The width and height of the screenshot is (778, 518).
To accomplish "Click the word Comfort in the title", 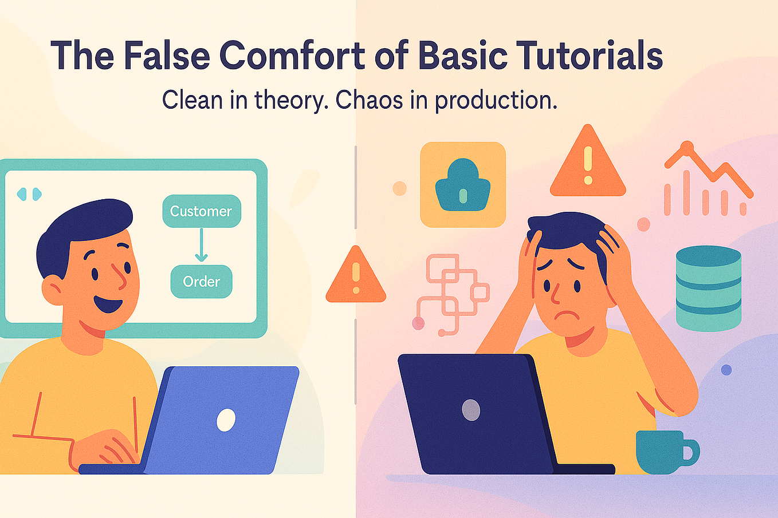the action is point(292,56).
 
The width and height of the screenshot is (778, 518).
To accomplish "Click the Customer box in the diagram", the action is point(202,211).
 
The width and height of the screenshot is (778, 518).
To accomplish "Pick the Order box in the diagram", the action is point(202,282).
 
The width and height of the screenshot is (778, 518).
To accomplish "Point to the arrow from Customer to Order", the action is point(202,245).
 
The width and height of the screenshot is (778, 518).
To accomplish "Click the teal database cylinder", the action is point(709,288).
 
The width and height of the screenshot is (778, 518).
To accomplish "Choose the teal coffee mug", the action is point(667,452).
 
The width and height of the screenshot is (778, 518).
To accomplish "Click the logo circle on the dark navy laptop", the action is point(471,410).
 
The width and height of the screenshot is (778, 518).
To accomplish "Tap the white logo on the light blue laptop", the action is point(226,420).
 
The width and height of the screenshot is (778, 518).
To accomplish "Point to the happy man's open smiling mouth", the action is point(108,305).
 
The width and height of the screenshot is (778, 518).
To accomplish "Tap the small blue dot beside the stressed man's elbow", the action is point(726,370).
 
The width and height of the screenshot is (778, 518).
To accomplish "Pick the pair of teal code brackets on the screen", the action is point(29,194).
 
